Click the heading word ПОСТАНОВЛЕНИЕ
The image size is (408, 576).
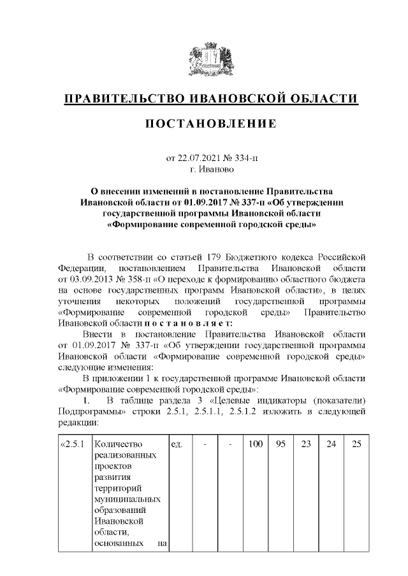(x=210, y=123)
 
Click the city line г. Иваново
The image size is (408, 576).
(x=211, y=169)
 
